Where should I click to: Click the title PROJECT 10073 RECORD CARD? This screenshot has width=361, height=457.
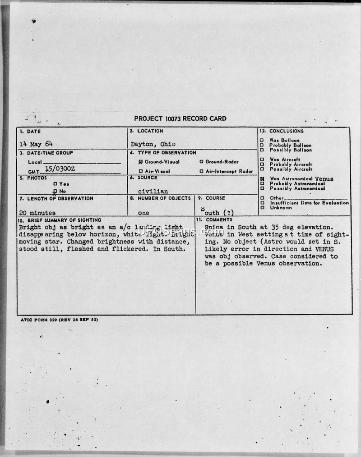pos(180,119)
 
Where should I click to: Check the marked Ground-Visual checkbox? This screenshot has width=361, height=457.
pos(141,162)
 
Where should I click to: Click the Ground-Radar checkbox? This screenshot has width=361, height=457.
pos(201,162)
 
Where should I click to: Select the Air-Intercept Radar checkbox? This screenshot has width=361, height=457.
pos(201,171)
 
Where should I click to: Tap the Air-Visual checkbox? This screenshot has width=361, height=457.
pos(141,171)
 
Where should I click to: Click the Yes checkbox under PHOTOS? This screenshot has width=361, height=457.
pos(55,184)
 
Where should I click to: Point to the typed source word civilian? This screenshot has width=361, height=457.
pos(153,191)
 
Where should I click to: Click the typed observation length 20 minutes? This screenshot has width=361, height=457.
pos(37,213)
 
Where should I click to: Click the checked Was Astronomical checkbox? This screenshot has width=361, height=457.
pos(262,179)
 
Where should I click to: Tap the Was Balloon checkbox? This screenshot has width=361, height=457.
pos(262,141)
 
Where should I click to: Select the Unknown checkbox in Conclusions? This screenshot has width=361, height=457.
pos(262,208)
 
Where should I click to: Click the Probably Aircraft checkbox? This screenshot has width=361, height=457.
pos(262,165)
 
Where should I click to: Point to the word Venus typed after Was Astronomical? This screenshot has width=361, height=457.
pos(324,179)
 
